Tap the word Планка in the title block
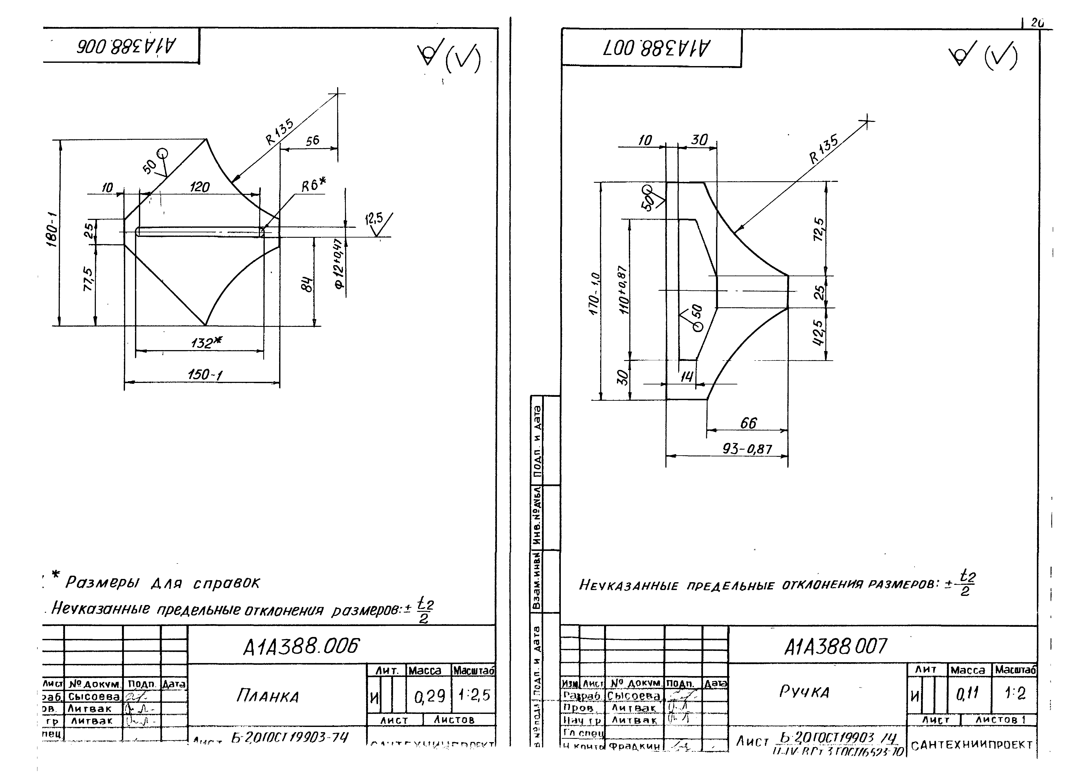[267, 696]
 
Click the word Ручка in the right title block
[804, 692]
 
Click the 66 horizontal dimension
[748, 423]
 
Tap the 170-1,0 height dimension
[595, 293]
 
